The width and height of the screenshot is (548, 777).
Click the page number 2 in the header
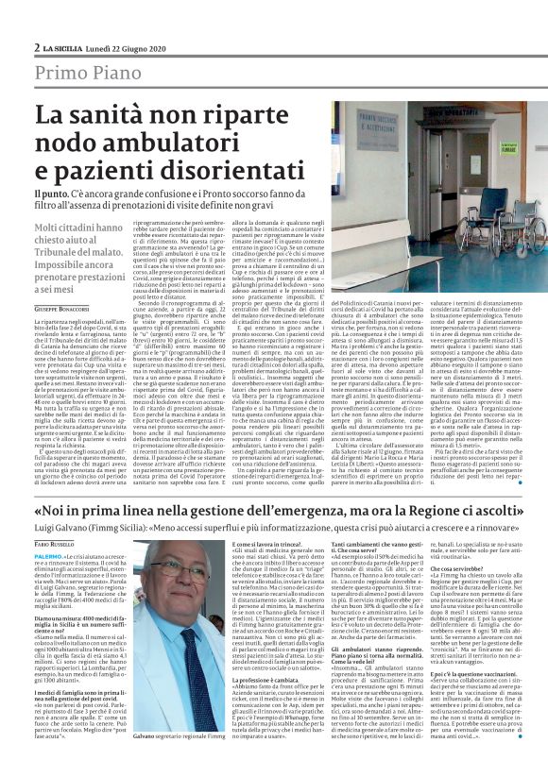tap(36, 47)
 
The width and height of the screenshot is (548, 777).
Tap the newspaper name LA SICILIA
tap(64, 47)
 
